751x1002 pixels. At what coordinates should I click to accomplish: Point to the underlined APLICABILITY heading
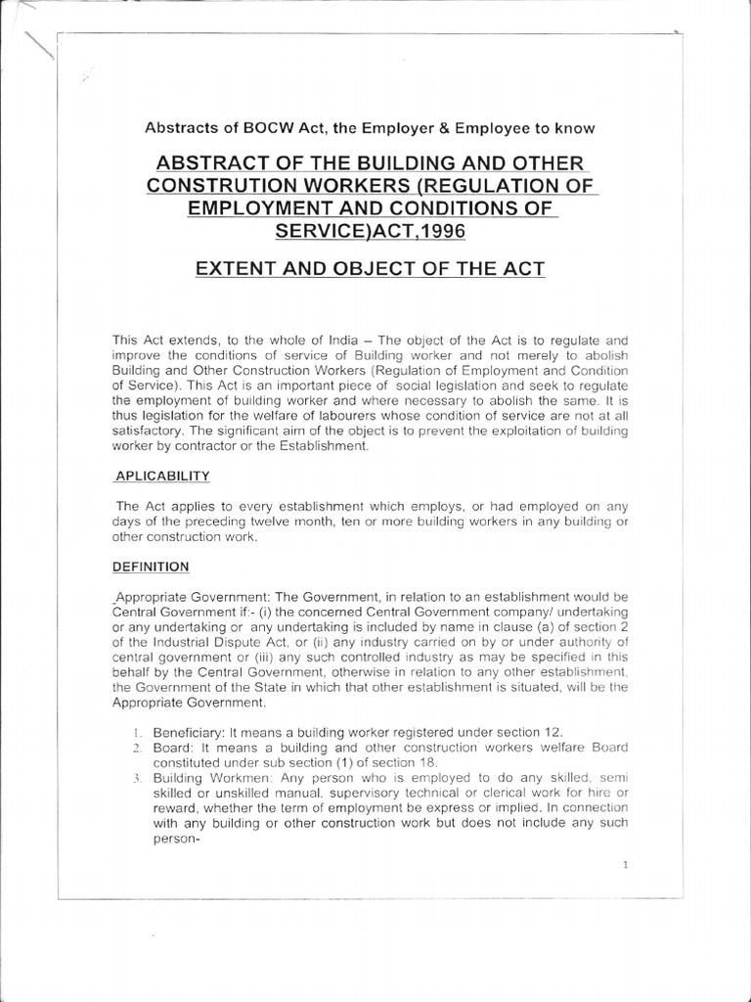click(162, 477)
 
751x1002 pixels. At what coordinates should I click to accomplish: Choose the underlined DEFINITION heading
click(152, 567)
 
